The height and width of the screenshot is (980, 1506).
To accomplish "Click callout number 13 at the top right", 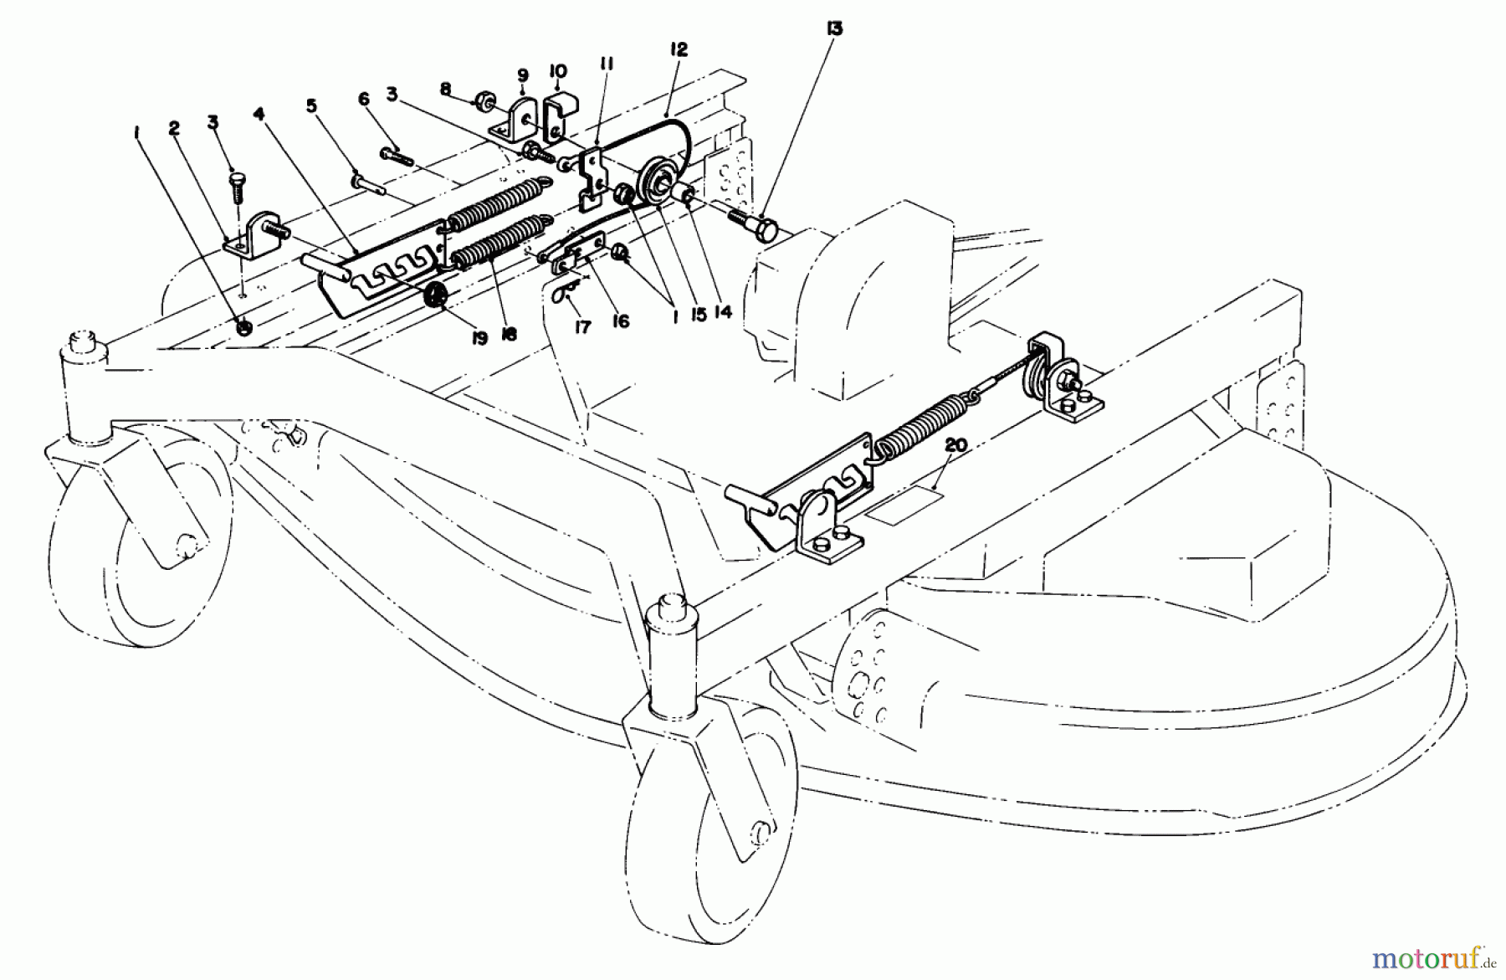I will [x=834, y=29].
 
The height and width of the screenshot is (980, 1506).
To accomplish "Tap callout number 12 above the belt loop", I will [x=678, y=50].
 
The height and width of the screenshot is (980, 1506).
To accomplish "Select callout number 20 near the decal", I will [x=955, y=446].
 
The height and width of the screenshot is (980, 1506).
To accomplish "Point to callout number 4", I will [x=259, y=112].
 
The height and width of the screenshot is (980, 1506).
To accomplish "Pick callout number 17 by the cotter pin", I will [x=582, y=327].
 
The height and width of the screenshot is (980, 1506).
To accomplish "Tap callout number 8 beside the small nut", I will [x=445, y=87].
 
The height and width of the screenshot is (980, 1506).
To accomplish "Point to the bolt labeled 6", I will [x=397, y=155].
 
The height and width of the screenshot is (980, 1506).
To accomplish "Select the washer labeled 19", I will [x=434, y=295].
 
